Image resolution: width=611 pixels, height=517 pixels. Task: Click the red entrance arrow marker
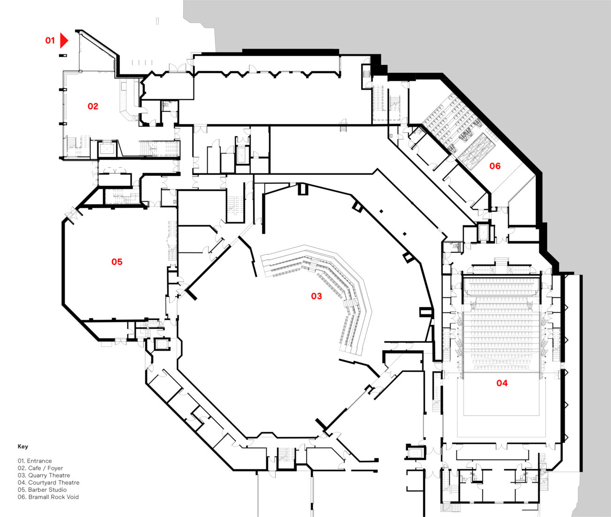pos(64,41)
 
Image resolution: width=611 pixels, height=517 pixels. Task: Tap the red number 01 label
pos(50,41)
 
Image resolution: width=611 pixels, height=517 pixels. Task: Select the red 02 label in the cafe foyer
pos(93,106)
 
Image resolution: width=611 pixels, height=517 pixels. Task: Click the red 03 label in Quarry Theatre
pos(317,296)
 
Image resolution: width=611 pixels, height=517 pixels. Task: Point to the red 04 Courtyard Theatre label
pos(502,383)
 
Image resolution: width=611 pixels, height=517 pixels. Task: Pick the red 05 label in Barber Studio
pos(117,262)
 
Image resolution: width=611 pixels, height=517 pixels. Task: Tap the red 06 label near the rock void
pos(495,166)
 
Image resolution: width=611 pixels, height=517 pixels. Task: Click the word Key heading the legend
pos(23,446)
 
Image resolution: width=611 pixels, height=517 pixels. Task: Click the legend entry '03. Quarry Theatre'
pos(44,475)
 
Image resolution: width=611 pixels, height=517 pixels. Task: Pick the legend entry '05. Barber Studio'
pos(42,490)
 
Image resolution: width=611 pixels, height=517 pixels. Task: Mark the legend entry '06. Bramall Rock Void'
pos(48,497)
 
